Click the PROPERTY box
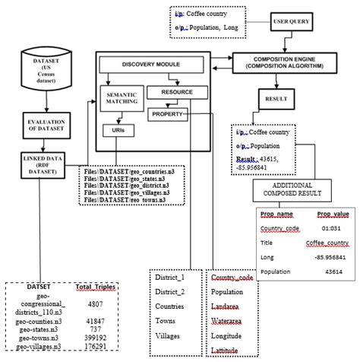(168, 113)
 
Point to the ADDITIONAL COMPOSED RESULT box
(289, 190)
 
